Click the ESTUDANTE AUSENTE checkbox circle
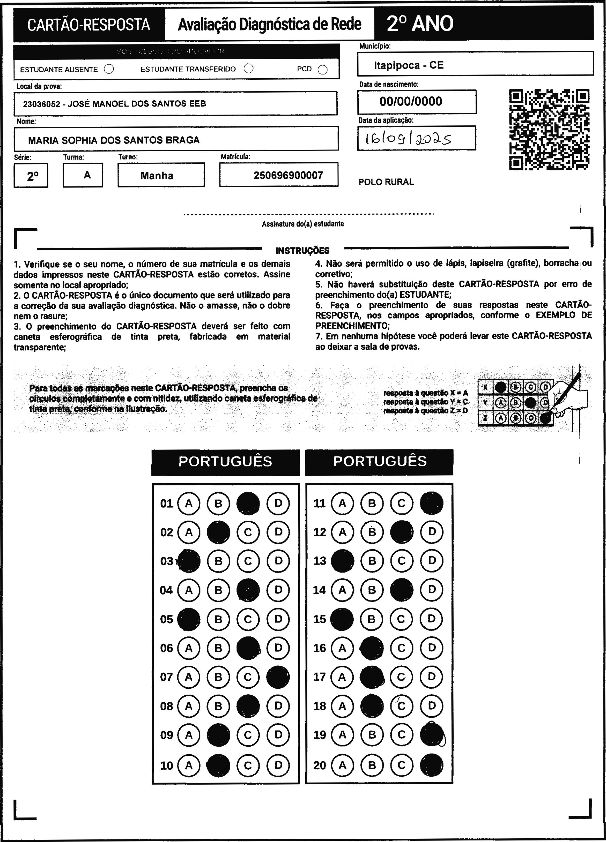click(x=109, y=69)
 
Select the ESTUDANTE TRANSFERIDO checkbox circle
click(x=249, y=69)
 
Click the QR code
click(x=549, y=130)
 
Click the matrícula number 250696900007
click(x=288, y=175)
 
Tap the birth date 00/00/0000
click(x=411, y=101)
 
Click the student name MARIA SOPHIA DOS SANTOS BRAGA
click(x=114, y=140)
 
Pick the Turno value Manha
click(x=157, y=176)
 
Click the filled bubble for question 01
click(x=248, y=503)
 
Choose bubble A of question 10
click(x=189, y=765)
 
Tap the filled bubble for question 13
click(x=342, y=561)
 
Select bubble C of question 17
click(x=401, y=677)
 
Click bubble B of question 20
click(x=372, y=765)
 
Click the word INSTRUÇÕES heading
click(x=302, y=251)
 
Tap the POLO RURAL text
click(x=386, y=182)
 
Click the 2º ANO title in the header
click(x=420, y=24)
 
